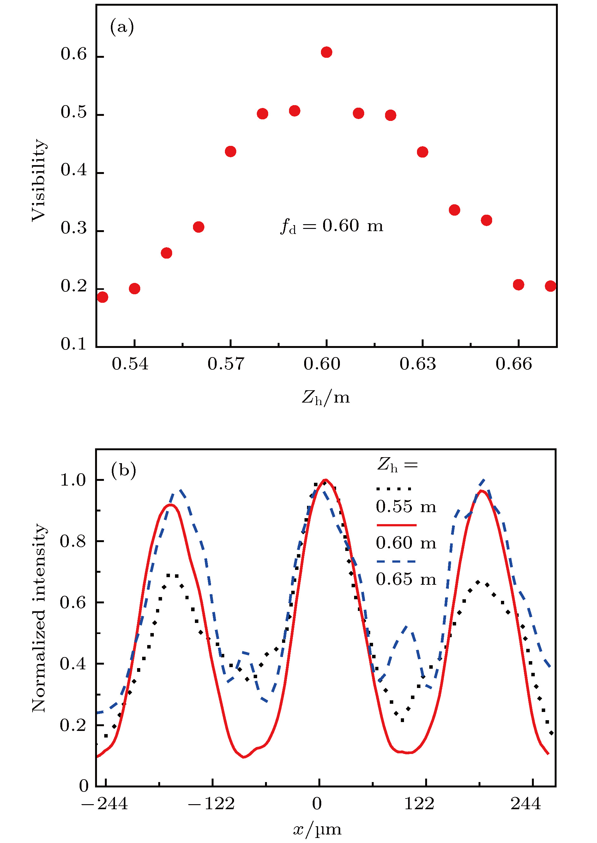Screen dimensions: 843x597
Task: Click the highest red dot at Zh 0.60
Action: [x=326, y=52]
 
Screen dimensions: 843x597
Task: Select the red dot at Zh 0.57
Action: [x=231, y=152]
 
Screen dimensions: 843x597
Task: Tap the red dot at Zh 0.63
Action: [x=422, y=152]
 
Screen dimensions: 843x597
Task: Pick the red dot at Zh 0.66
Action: [x=518, y=284]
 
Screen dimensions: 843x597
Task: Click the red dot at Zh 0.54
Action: [x=135, y=289]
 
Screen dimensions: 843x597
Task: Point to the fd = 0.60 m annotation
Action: [x=332, y=226]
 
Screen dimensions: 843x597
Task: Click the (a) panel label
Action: [x=122, y=27]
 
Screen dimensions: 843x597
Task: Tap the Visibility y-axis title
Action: [x=39, y=180]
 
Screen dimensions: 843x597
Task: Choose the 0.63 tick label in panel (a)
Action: [x=418, y=364]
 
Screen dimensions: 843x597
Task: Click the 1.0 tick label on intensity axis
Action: [x=73, y=480]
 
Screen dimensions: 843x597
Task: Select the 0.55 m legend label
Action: [x=406, y=507]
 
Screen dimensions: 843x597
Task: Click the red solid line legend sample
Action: [x=396, y=525]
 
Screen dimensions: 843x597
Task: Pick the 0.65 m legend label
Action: [x=406, y=579]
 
